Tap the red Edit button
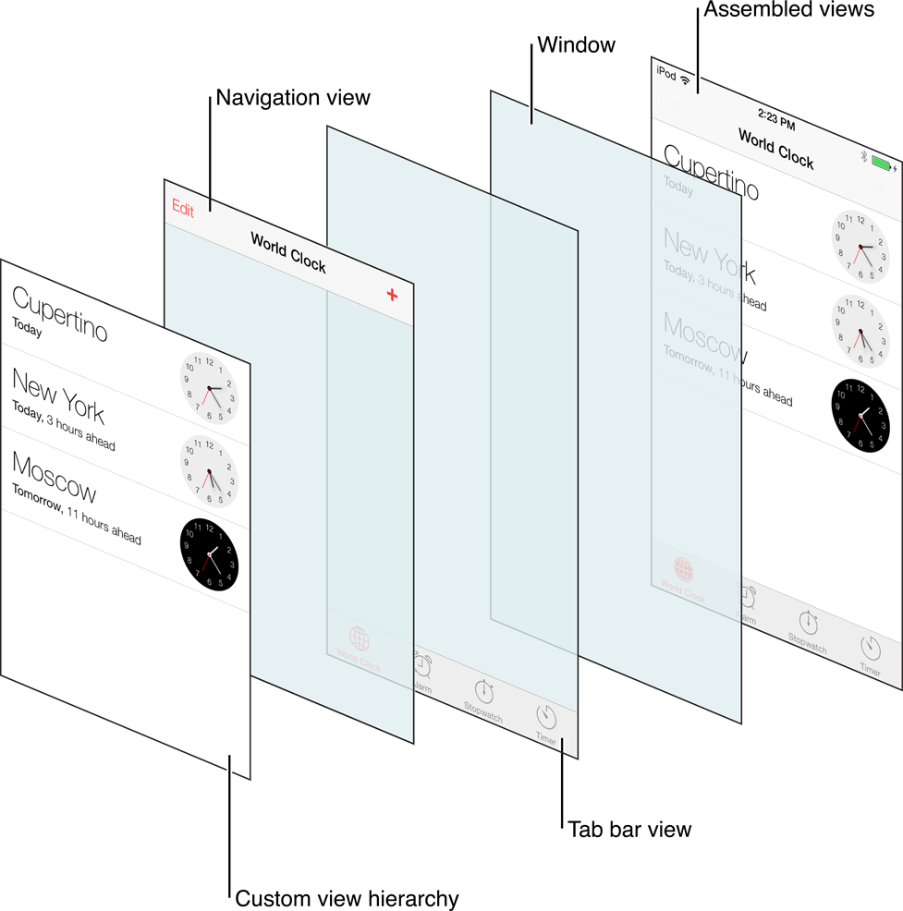183,209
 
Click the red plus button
392,294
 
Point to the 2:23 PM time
775,119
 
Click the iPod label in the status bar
665,72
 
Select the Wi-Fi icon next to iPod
686,79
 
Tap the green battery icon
884,165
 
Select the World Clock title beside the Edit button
288,251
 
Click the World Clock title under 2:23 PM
775,148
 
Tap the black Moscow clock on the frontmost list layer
209,554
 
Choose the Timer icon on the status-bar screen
871,648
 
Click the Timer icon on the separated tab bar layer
546,716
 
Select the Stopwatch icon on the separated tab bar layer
484,690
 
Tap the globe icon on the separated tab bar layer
360,638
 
